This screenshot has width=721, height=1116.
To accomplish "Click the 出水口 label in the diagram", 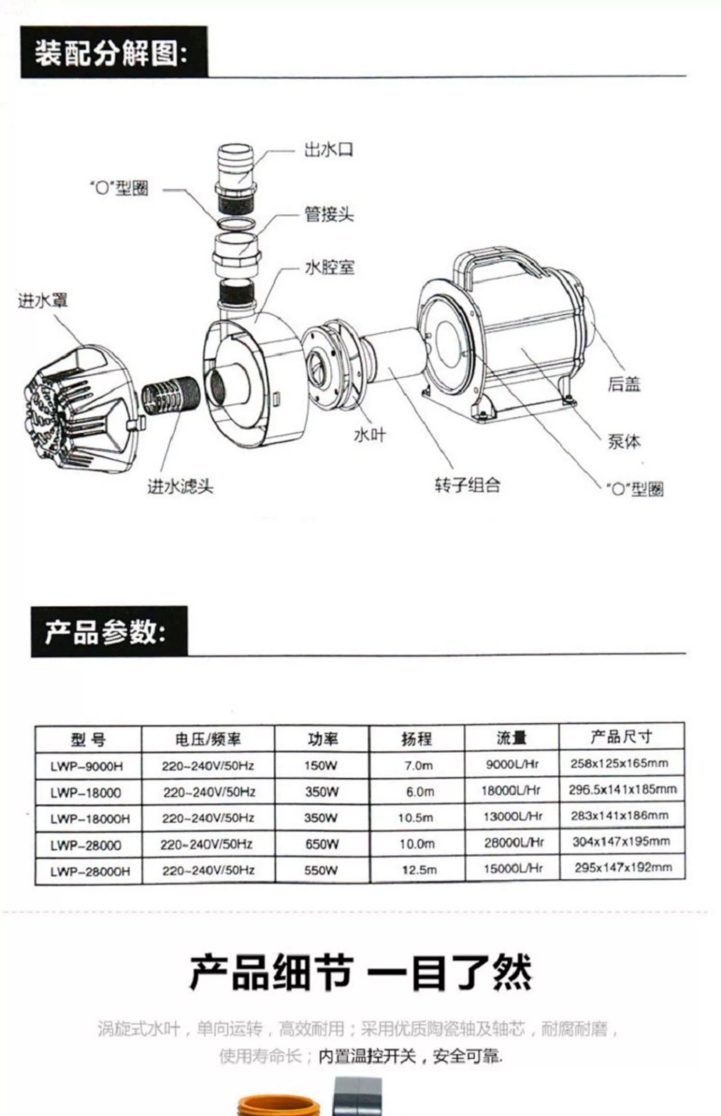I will click(329, 150).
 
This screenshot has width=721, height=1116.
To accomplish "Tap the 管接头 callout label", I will click(329, 214).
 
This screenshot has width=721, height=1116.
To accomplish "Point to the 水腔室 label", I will click(329, 268).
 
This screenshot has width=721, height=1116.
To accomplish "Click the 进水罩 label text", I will click(42, 301).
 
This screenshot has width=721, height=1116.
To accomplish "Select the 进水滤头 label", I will click(180, 486).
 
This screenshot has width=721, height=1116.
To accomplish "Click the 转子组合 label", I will click(467, 485).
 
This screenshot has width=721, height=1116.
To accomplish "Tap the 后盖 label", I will click(624, 384).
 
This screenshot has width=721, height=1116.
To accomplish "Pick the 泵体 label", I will click(624, 442).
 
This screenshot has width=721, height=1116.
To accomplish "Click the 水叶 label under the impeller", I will click(370, 435).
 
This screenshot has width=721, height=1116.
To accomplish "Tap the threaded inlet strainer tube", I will click(172, 395).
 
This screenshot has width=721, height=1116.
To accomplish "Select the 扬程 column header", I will click(416, 739).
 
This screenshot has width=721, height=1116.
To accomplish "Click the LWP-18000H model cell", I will click(90, 818).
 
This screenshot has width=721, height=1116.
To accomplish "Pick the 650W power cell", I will click(321, 844).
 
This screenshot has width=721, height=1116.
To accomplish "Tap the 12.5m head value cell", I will click(418, 870).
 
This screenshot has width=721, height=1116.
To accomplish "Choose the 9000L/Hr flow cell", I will click(512, 764).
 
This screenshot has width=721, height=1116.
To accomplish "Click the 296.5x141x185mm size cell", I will click(622, 790).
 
